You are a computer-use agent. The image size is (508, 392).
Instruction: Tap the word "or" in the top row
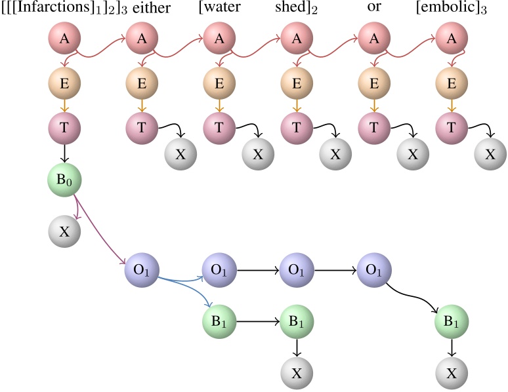[x=374, y=9]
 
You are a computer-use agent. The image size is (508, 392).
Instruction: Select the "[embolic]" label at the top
[x=451, y=9]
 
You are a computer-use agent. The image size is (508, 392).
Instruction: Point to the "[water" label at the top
[x=218, y=9]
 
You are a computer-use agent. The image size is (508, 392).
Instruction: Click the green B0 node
[x=64, y=179]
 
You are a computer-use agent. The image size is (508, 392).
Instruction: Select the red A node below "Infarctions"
[x=64, y=39]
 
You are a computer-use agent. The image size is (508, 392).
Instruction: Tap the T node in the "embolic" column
[x=452, y=127]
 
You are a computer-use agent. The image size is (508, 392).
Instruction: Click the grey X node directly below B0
[x=64, y=231]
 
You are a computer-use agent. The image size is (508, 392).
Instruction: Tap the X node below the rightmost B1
[x=452, y=373]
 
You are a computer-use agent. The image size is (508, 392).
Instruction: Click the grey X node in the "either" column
[x=180, y=154]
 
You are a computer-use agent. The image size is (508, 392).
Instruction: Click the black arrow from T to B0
[x=64, y=153]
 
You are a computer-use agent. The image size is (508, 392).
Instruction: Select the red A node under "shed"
[x=297, y=39]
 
